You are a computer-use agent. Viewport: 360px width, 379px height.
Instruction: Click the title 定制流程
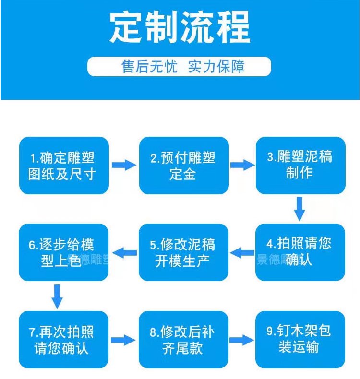pos(180,27)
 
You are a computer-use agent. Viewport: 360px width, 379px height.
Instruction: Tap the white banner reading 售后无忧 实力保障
pos(179,67)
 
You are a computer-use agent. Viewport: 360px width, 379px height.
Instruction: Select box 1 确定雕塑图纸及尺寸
pos(64,166)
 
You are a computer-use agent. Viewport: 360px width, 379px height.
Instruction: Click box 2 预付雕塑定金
pos(184,166)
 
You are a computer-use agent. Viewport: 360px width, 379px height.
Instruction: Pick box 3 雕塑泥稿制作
pos(300,166)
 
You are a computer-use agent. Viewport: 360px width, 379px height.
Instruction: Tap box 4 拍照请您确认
pos(300,252)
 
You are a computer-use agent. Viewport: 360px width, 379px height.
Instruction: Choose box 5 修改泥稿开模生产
pos(183,252)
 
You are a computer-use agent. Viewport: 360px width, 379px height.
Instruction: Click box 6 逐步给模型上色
pos(63,252)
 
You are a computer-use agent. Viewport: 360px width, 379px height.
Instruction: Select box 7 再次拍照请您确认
pos(63,340)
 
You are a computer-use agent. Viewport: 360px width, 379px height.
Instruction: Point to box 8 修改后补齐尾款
pos(183,340)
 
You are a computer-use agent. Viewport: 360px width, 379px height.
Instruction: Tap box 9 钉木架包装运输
pos(300,340)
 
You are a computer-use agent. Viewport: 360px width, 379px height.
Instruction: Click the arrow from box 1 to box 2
pos(124,165)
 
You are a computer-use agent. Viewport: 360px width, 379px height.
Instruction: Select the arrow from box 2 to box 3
pos(242,165)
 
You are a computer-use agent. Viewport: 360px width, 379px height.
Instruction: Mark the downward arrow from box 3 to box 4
pos(300,209)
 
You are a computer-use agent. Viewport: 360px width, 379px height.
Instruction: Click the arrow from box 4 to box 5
pos(242,253)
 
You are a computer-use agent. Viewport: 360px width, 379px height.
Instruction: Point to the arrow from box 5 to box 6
pos(124,253)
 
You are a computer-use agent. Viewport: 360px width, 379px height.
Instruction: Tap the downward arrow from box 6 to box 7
pos(57,297)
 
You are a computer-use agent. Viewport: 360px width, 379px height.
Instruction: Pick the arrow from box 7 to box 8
pos(123,340)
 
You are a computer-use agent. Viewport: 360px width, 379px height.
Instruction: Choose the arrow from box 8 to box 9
pos(241,340)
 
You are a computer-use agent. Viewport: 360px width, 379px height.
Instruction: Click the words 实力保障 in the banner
pos(216,67)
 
